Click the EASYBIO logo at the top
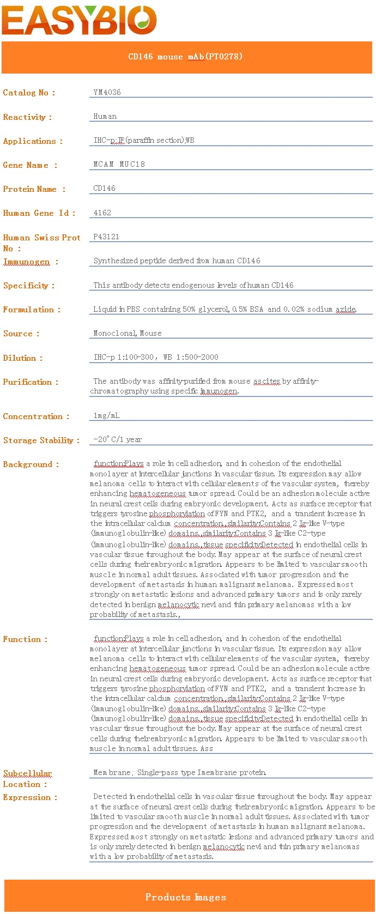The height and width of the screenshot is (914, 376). tap(80, 20)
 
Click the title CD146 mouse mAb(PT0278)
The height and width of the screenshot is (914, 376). tap(185, 57)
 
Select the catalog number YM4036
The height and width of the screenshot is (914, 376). tap(107, 92)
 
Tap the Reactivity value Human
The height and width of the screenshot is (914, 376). tap(105, 116)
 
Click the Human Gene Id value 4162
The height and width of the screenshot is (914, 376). tap(102, 213)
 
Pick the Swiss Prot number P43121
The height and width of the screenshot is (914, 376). tap(106, 237)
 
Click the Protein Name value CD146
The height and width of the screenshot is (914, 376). tap(104, 188)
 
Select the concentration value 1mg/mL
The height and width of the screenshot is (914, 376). tap(106, 415)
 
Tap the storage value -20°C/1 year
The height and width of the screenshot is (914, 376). tap(117, 439)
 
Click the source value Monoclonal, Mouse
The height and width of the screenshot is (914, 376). tap(128, 333)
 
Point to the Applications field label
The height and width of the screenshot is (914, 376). tap(33, 141)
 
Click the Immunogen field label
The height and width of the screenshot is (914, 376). tap(31, 262)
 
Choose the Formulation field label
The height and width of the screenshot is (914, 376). tap(32, 310)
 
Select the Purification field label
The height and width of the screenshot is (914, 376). tap(31, 382)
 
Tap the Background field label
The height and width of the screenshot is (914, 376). tap(31, 464)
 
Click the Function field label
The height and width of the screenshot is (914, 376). tap(25, 639)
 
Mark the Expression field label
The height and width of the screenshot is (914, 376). tap(30, 797)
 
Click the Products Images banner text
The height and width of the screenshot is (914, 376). tap(185, 897)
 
